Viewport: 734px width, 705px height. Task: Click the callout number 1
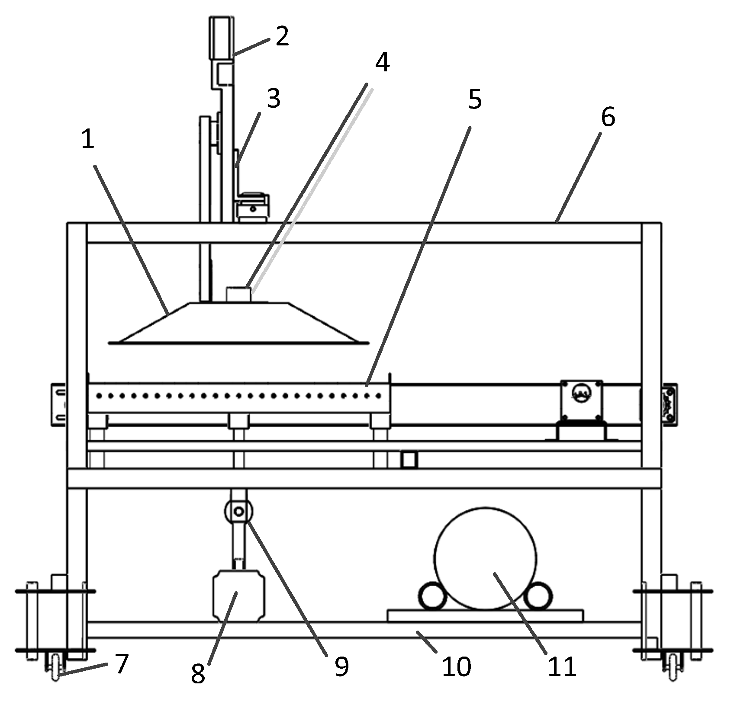[88, 140]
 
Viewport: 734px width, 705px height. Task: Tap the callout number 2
[282, 37]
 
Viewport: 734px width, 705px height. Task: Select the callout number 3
[273, 99]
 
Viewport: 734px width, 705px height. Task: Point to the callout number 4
[382, 63]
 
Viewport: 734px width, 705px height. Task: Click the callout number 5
[475, 100]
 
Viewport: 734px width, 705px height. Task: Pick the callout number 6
[608, 117]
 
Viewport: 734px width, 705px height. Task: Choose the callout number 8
[198, 674]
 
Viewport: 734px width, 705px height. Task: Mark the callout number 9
[341, 667]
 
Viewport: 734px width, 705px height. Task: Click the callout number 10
[456, 667]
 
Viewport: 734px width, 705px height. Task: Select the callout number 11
[562, 667]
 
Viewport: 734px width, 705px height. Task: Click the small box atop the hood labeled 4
[238, 295]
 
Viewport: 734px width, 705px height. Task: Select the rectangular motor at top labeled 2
[222, 38]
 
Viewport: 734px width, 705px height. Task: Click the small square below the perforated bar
[409, 460]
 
